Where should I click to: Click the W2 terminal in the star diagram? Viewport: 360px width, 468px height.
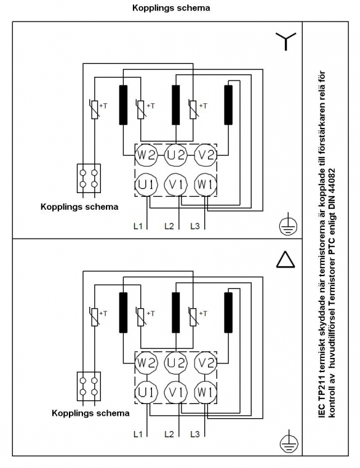point(146,155)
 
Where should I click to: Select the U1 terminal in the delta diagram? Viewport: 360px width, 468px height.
point(146,392)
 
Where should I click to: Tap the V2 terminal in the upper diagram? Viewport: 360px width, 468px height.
point(206,155)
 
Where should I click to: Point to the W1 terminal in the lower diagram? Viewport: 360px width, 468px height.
point(206,392)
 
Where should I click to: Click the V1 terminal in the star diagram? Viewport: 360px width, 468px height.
point(175,184)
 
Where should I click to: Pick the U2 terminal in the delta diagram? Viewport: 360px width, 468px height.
point(175,363)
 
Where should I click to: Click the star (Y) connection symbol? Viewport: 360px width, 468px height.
point(286,41)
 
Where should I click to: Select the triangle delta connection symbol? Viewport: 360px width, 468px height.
point(286,259)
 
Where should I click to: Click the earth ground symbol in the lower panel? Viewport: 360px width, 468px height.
point(289,441)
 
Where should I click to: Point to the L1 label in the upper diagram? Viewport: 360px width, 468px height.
point(138,226)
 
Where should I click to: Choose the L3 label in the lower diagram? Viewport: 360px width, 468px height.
point(195,434)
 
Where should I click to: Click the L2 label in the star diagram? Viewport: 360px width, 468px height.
point(169,226)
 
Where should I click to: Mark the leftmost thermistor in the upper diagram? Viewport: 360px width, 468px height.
point(94,109)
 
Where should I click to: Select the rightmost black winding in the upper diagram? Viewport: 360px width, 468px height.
point(228,105)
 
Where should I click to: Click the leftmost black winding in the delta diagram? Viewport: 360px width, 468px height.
point(123,312)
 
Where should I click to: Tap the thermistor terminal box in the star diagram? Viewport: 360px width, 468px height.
point(89,178)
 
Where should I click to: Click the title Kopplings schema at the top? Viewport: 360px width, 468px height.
point(171,8)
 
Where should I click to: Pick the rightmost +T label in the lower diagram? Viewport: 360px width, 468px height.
point(203,314)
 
